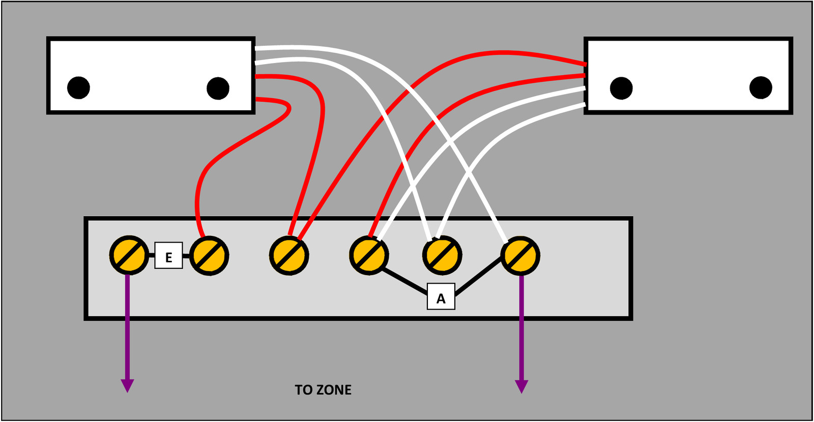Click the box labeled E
coord(168,255)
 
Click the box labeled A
coord(441,296)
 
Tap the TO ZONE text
coord(323,390)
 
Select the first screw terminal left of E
coord(129,255)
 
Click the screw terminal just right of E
coord(209,256)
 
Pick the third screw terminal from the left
coord(289,256)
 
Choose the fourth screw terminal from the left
coord(369,255)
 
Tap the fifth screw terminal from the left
coord(442,255)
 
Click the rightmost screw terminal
coord(520,256)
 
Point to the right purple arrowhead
coord(521,386)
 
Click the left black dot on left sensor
coord(78,87)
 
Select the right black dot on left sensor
coord(218,88)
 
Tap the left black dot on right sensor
coord(621,88)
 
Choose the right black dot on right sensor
coord(761,87)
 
